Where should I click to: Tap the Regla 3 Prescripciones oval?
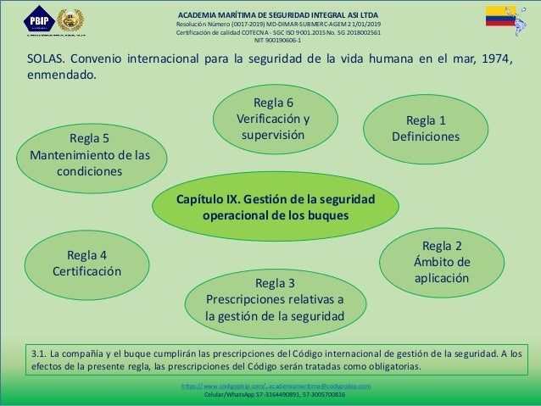(x=275, y=301)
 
